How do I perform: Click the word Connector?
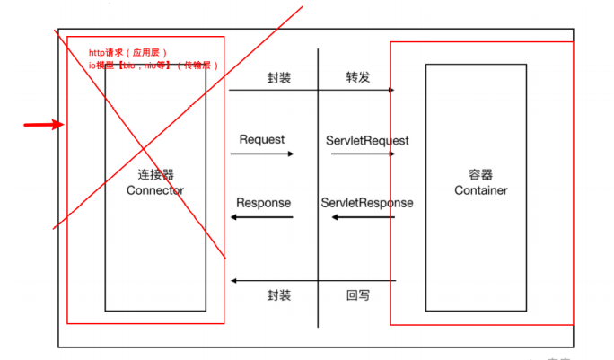coord(155,190)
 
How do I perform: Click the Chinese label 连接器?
coord(155,174)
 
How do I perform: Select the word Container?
coord(481,190)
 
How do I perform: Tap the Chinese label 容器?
coord(481,175)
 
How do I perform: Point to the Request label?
coord(262,139)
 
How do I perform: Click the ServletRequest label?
coord(367,141)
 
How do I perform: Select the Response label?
coord(264,203)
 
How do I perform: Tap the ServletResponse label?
coord(367,203)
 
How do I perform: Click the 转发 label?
coord(359,77)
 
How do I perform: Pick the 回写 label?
coord(359,295)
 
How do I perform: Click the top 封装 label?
coord(279,77)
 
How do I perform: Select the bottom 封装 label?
coord(279,295)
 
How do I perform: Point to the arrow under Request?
coord(262,154)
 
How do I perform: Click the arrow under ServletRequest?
coord(364,154)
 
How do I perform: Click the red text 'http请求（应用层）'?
coord(128,53)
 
